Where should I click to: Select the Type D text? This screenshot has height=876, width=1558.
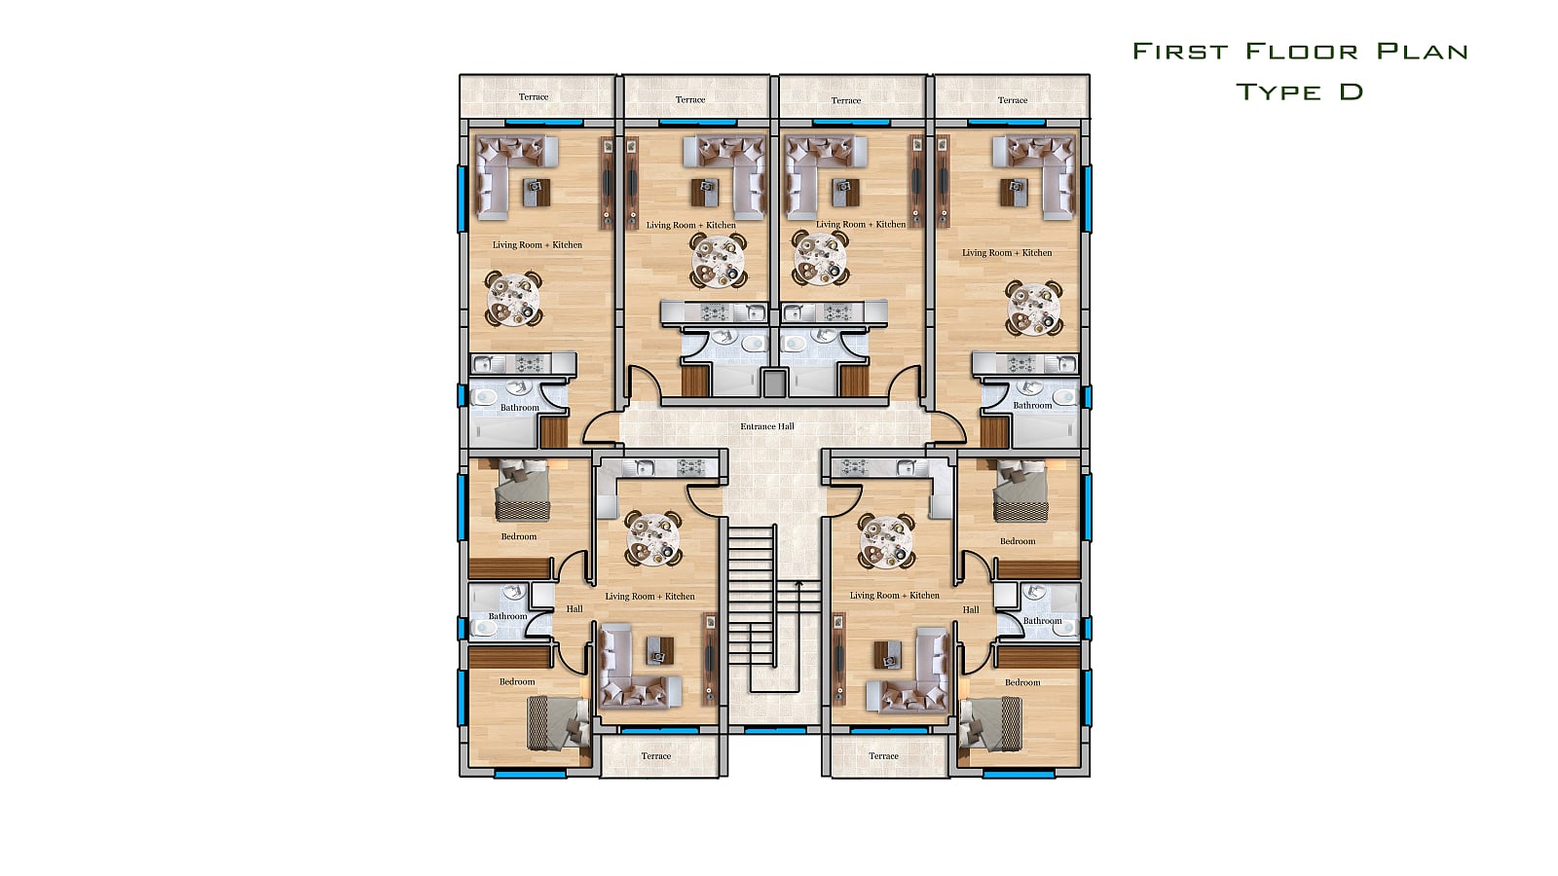[x=1299, y=91]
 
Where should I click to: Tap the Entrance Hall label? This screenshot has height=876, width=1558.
[x=766, y=426]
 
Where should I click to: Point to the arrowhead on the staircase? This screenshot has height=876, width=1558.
[x=799, y=584]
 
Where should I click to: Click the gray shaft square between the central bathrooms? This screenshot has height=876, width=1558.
[x=774, y=383]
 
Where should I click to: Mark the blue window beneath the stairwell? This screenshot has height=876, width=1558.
[x=775, y=731]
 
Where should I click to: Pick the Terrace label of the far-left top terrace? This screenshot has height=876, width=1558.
[x=534, y=96]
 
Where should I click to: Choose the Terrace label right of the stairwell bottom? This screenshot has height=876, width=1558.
[x=883, y=755]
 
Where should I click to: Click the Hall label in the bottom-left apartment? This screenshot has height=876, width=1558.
[x=575, y=609]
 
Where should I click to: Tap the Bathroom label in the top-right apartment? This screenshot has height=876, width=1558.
[x=1032, y=405]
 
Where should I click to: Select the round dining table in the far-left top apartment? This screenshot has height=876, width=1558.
[x=513, y=299]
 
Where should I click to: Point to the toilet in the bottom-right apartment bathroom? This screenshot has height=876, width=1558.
[x=1064, y=629]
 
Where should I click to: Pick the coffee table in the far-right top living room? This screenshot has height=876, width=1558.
[x=1014, y=193]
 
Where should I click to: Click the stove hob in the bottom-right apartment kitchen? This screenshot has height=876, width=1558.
[x=853, y=467]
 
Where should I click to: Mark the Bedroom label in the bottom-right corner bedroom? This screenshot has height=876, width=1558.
[x=1022, y=682]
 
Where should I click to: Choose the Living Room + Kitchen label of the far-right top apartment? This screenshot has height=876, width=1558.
[x=1007, y=252]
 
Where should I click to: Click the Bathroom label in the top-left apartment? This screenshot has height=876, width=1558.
[x=520, y=408]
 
